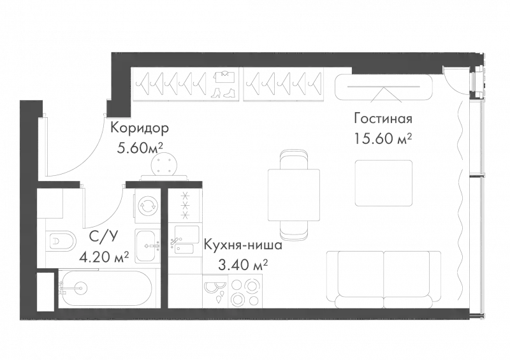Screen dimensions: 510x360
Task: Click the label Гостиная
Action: (383, 119)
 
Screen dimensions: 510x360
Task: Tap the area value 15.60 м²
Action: (383, 139)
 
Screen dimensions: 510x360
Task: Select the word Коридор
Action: (140, 128)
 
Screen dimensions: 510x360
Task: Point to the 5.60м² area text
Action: (140, 148)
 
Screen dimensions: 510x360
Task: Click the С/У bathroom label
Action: (103, 238)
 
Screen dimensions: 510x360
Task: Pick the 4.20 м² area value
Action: (105, 258)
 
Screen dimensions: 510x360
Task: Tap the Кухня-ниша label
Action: (243, 245)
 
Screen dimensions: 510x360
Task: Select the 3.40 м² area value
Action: (243, 265)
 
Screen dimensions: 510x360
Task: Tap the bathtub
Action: (105, 289)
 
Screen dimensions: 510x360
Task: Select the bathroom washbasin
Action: (148, 245)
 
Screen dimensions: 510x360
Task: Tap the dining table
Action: (294, 195)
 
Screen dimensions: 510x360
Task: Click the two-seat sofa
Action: (384, 279)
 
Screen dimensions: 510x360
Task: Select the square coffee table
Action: (384, 183)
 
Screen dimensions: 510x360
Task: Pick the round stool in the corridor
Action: (164, 164)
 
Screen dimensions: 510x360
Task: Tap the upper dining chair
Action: (294, 159)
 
